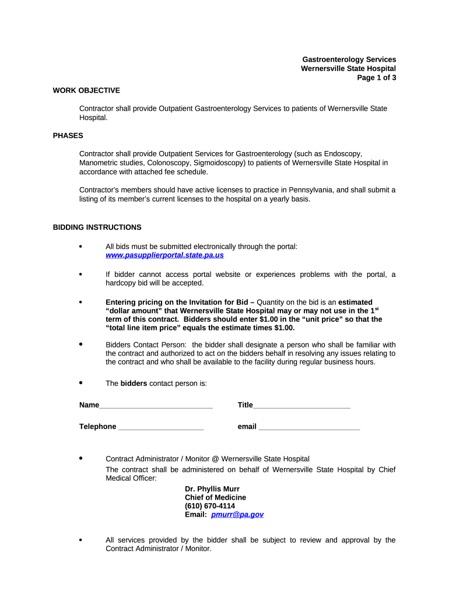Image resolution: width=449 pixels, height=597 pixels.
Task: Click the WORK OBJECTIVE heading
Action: click(x=86, y=90)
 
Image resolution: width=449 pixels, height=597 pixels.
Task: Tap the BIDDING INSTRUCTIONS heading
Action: click(x=97, y=227)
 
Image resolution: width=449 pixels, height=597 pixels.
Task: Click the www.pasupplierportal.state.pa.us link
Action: click(x=164, y=255)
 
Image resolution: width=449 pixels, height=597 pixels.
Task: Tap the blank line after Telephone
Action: click(x=160, y=427)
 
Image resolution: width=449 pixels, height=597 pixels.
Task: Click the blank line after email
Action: click(x=309, y=427)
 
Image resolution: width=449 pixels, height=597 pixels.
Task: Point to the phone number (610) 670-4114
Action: click(x=210, y=506)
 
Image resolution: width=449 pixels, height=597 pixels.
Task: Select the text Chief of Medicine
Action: click(x=215, y=497)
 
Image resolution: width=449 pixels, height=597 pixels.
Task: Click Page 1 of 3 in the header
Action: click(x=377, y=78)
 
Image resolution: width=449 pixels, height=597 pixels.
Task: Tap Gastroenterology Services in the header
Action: click(x=349, y=59)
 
